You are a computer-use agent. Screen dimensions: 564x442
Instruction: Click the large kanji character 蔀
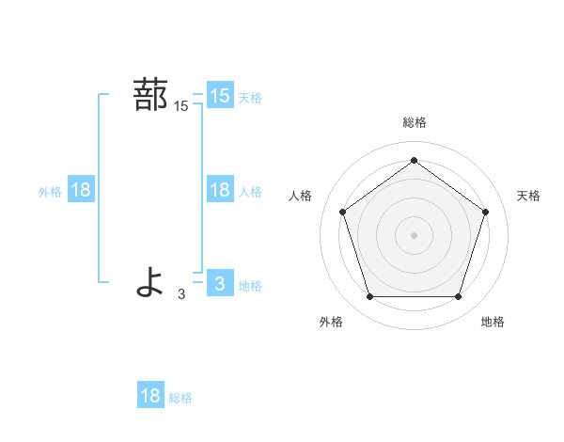coord(150,95)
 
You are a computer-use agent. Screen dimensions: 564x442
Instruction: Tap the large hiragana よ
coord(150,281)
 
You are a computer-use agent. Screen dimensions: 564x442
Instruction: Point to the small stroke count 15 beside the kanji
coord(181,107)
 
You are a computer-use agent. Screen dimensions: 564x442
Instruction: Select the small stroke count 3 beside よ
coord(181,294)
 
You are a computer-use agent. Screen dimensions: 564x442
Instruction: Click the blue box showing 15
coord(220,96)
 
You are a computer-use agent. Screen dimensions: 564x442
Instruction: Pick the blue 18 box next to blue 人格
coord(220,190)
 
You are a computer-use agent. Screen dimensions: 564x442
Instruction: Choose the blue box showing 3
coord(220,283)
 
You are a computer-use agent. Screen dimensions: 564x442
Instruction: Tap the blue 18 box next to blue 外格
coord(81,190)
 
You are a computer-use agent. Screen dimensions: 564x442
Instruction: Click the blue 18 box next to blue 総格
coord(150,396)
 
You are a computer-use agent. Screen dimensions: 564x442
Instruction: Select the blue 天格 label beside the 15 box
coord(250,98)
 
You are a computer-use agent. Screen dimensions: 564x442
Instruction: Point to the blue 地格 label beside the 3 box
coord(250,286)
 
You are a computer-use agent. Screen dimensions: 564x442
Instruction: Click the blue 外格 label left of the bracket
coord(50,192)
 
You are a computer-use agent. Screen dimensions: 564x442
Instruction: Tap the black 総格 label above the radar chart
coord(414,122)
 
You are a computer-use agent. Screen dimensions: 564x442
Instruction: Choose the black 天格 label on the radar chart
coord(529,196)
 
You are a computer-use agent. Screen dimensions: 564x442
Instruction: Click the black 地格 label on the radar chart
coord(493,322)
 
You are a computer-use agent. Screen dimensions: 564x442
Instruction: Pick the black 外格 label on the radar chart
coord(331,322)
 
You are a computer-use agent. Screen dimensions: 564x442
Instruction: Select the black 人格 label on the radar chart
coord(301,196)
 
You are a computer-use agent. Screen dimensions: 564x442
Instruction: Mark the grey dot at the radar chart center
coord(414,233)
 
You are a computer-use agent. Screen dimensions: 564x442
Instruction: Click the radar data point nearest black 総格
coord(414,161)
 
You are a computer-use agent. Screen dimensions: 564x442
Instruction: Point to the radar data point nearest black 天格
coord(485,212)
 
